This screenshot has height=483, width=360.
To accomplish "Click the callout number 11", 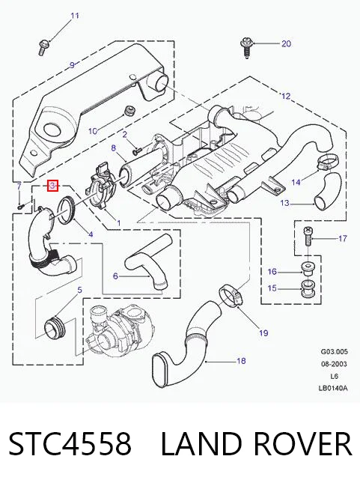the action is coord(75,16).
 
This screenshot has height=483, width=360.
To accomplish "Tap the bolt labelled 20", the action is coord(246,48).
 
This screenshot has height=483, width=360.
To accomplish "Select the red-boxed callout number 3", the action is coord(52,186).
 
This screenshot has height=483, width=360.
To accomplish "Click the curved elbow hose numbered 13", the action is coord(328,189).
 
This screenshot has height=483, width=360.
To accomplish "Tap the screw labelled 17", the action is coord(308,237).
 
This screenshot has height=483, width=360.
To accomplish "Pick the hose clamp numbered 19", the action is coord(231,296).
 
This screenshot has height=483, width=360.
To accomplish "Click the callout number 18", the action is coord(241,360).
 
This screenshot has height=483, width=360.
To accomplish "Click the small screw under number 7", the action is coord(20,207).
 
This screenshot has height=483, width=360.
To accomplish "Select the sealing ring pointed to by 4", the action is coord(67,210).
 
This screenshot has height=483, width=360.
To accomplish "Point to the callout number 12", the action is coord(286,96).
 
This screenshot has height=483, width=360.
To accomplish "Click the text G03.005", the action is coord(334,351).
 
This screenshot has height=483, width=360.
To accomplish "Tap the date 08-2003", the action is coord(334,364).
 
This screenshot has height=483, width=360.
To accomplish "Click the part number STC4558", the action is coord(70,444).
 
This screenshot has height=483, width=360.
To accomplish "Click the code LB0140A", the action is coord(333,388).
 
